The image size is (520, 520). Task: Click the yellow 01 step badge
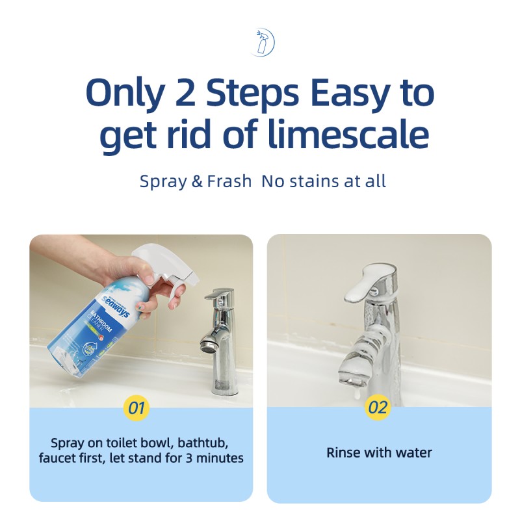tap(136, 408)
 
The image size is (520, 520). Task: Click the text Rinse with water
tap(379, 452)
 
